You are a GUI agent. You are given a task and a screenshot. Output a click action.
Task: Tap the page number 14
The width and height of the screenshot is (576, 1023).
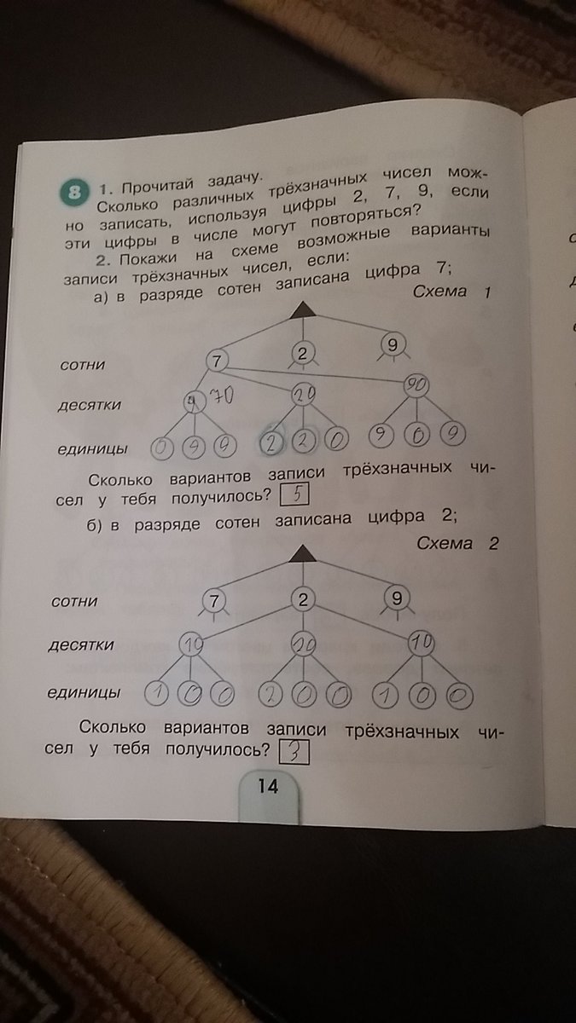click(x=268, y=786)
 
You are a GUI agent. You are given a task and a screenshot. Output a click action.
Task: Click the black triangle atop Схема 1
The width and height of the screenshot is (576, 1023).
click(x=301, y=314)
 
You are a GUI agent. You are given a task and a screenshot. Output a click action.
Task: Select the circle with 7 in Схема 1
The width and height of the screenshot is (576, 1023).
click(x=218, y=361)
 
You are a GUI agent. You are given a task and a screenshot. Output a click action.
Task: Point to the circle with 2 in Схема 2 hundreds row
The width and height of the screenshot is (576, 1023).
click(x=302, y=600)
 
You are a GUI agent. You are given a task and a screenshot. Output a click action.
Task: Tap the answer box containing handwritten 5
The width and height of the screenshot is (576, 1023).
click(x=293, y=494)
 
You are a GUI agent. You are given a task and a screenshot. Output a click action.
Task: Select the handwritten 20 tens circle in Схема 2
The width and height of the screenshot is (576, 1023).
click(x=302, y=646)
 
